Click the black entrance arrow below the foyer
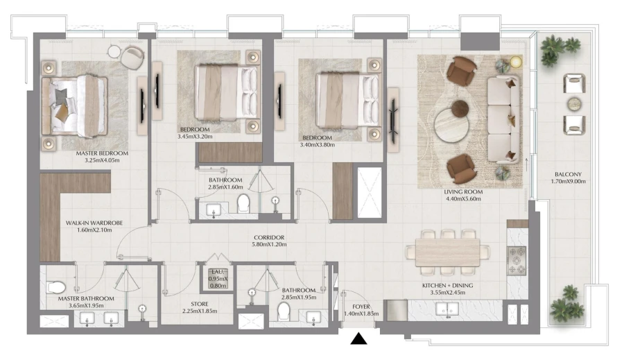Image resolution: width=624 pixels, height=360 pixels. [358, 338]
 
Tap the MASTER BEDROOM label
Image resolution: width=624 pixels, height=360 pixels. [103, 153]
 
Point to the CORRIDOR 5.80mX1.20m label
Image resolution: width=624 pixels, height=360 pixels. [268, 238]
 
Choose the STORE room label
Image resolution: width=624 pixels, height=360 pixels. [199, 304]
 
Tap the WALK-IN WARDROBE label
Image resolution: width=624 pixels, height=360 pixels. [94, 223]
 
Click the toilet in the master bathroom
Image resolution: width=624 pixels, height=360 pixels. [55, 286]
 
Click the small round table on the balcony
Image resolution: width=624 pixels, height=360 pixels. [574, 104]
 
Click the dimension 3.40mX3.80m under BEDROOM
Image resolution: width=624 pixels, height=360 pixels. [316, 145]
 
